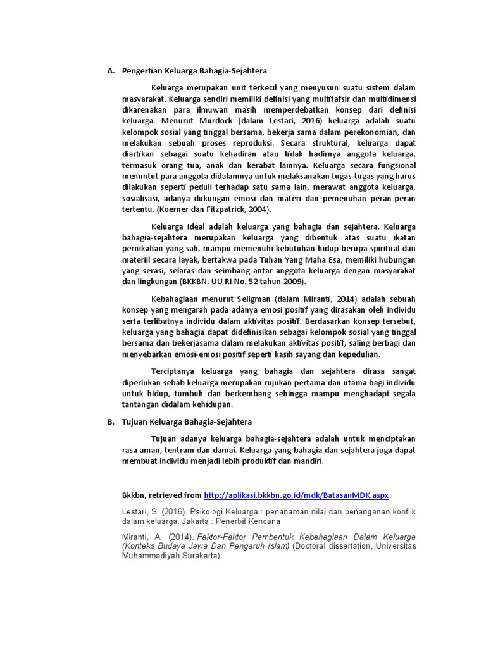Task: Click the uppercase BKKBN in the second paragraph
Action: tap(196, 281)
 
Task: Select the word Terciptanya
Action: tap(173, 371)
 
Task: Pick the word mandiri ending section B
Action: tap(309, 461)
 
